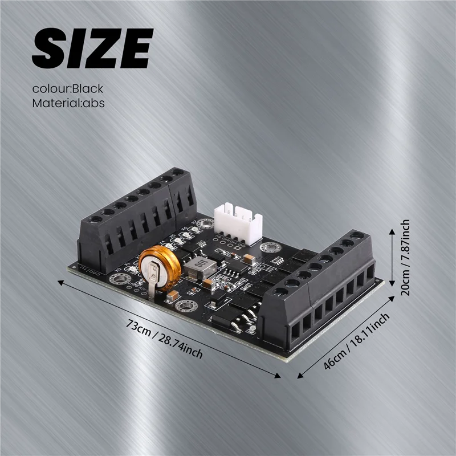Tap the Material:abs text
tap(68, 103)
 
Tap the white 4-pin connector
tap(238, 225)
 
